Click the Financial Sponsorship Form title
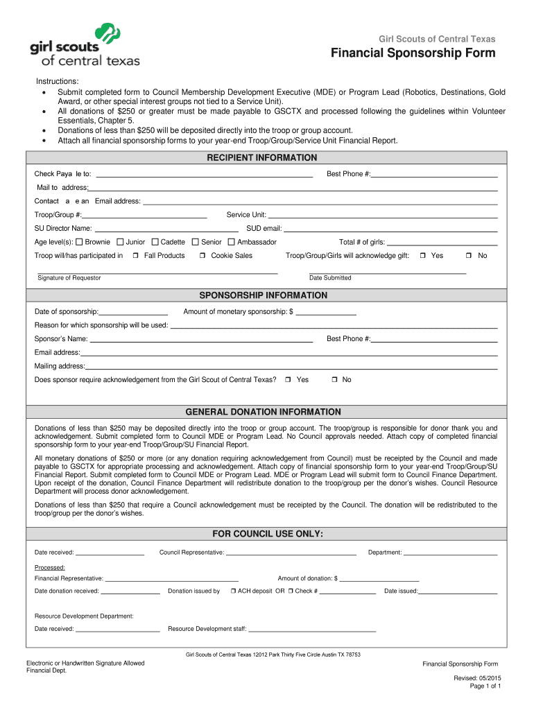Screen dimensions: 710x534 coord(413,53)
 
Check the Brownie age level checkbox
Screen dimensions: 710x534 coord(79,242)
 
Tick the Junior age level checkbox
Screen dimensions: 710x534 coord(120,242)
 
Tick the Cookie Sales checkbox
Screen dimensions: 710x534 coord(203,256)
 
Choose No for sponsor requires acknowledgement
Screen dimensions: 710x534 coord(334,380)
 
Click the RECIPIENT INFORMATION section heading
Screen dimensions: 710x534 coord(262,158)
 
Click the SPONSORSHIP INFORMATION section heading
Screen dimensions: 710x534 coord(263,295)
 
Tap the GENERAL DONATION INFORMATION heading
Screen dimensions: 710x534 coord(263,412)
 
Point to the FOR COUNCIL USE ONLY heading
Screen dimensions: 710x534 coord(267,534)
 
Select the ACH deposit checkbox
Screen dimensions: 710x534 coord(234,591)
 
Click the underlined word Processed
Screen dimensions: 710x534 coord(50,567)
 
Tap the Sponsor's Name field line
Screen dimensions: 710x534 coord(202,340)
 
